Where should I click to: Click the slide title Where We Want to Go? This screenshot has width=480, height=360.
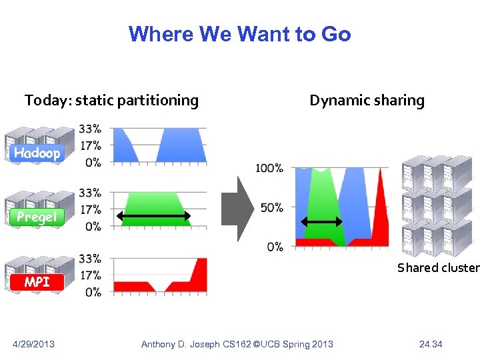pos(239,34)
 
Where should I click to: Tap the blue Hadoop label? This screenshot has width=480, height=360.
pos(37,153)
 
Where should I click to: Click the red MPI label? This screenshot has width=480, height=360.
pos(37,282)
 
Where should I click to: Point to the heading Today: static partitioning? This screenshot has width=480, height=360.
pos(111,101)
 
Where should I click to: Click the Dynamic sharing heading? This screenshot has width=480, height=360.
pos(367,101)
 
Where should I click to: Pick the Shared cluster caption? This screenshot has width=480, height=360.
pos(438,268)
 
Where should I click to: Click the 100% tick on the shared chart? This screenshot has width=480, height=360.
pos(269,169)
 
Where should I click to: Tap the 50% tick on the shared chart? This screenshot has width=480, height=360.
pos(272,208)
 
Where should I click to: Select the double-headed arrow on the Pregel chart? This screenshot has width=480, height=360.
pos(154,216)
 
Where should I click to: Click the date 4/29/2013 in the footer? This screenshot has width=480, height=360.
pos(34,344)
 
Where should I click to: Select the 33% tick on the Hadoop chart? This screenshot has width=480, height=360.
pos(90,128)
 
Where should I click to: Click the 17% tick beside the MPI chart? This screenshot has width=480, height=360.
pos(90,275)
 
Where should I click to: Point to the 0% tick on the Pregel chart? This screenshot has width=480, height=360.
pos(93,227)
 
